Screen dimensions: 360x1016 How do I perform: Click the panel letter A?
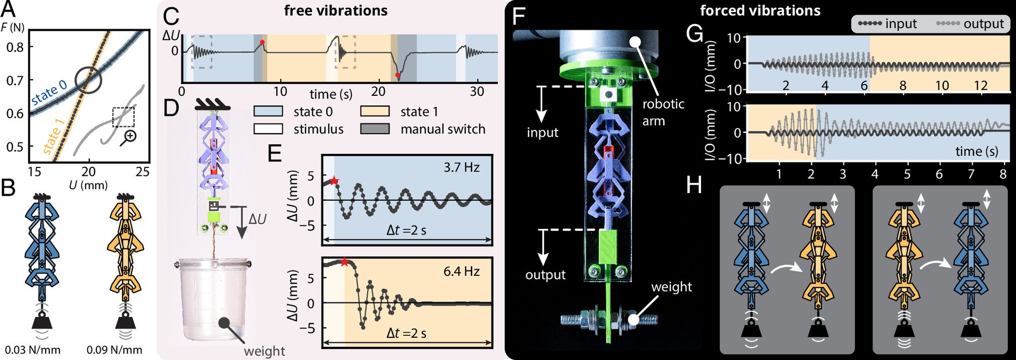pyautogui.click(x=9, y=10)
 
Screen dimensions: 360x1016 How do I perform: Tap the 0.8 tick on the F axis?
pyautogui.click(x=16, y=47)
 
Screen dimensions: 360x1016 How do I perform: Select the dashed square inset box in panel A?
pyautogui.click(x=123, y=116)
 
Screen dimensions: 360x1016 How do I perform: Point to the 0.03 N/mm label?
pyautogui.click(x=33, y=350)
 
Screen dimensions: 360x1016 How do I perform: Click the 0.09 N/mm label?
pyautogui.click(x=114, y=350)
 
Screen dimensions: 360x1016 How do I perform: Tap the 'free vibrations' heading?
pyautogui.click(x=336, y=11)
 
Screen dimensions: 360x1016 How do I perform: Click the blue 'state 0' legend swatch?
pyautogui.click(x=268, y=111)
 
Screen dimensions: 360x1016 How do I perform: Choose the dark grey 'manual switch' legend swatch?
pyautogui.click(x=375, y=129)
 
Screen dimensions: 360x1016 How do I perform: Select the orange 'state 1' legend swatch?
pyautogui.click(x=375, y=111)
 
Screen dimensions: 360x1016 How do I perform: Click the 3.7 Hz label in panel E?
pyautogui.click(x=461, y=167)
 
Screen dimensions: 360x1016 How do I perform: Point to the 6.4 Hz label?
pyautogui.click(x=461, y=272)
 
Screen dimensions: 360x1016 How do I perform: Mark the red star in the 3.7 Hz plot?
pyautogui.click(x=334, y=181)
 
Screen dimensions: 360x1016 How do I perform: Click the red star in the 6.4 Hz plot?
pyautogui.click(x=344, y=262)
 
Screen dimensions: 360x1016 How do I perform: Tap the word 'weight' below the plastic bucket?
pyautogui.click(x=265, y=351)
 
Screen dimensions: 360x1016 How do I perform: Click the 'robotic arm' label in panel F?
pyautogui.click(x=663, y=112)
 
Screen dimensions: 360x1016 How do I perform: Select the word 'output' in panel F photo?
pyautogui.click(x=545, y=275)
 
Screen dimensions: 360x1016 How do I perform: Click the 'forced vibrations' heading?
pyautogui.click(x=760, y=11)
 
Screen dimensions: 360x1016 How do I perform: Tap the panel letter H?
pyautogui.click(x=694, y=185)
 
